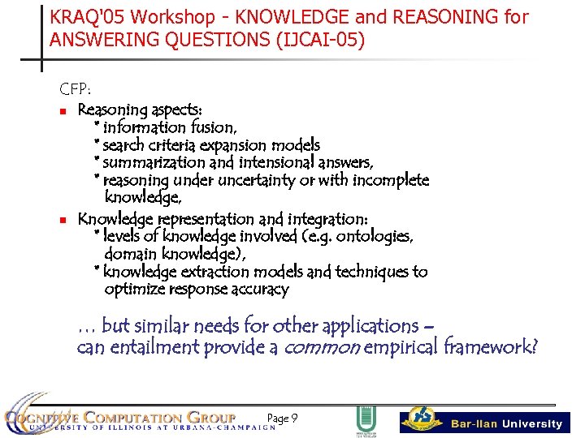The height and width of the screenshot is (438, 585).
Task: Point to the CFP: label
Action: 74,88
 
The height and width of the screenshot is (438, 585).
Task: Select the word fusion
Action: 213,127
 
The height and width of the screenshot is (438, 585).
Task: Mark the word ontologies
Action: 375,237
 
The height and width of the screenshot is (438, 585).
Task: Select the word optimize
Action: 133,290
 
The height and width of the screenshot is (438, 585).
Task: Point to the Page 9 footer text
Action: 282,419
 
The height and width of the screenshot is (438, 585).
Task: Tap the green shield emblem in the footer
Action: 366,420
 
